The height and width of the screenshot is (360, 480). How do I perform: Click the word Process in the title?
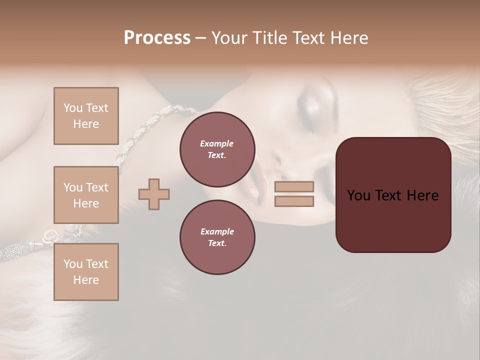pyautogui.click(x=157, y=38)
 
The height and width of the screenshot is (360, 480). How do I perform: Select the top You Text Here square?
pyautogui.click(x=86, y=116)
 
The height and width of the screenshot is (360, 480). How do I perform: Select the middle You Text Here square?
pyautogui.click(x=86, y=195)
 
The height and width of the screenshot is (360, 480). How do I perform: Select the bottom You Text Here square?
pyautogui.click(x=86, y=272)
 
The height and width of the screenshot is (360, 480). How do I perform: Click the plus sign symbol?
pyautogui.click(x=154, y=194)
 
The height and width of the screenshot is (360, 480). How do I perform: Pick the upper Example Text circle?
pyautogui.click(x=217, y=149)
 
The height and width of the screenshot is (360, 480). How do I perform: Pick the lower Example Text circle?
pyautogui.click(x=217, y=237)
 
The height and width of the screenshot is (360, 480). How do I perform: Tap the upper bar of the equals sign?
pyautogui.click(x=294, y=186)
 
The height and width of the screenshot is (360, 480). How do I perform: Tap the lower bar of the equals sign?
pyautogui.click(x=294, y=201)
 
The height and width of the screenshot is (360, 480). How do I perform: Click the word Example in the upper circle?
pyautogui.click(x=217, y=143)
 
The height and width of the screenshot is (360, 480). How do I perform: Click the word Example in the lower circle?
pyautogui.click(x=217, y=231)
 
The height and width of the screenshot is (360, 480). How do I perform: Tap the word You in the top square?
pyautogui.click(x=73, y=108)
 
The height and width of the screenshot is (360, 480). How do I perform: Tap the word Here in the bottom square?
pyautogui.click(x=86, y=280)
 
